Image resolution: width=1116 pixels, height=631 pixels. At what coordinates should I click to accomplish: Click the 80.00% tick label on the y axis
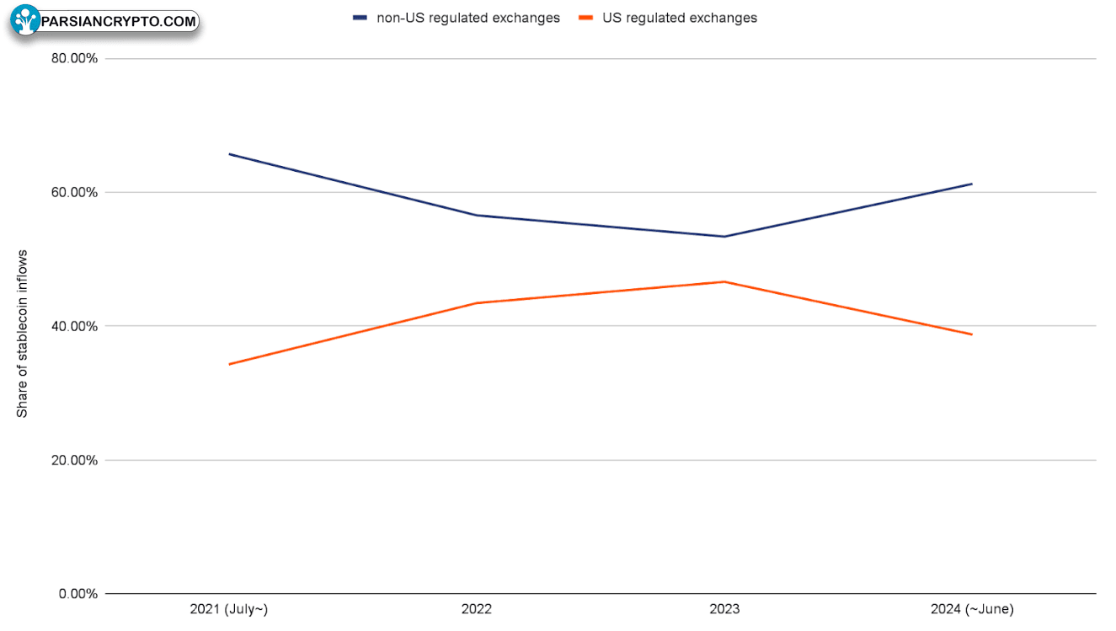point(74,58)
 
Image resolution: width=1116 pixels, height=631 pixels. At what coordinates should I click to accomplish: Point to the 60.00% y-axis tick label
point(74,192)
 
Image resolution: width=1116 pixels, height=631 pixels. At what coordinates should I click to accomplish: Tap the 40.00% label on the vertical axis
point(74,327)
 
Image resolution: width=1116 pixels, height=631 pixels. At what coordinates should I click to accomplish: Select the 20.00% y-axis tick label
point(74,460)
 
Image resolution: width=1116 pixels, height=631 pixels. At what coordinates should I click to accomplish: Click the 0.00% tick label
point(78,594)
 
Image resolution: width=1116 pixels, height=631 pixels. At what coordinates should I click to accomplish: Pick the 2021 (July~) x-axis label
point(229,609)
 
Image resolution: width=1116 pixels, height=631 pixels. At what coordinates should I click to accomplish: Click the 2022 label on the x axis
point(476,609)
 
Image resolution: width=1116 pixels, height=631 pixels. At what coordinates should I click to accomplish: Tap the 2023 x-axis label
point(724,609)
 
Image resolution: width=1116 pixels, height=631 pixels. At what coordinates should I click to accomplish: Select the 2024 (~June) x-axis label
point(972,609)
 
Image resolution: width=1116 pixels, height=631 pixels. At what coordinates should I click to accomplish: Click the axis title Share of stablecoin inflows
point(22,334)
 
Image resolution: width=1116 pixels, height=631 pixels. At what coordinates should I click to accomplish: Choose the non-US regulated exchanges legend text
point(468,18)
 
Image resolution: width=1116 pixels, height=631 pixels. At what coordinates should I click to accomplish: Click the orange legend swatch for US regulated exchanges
point(586,18)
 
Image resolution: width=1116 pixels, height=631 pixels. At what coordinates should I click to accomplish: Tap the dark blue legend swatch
point(360,18)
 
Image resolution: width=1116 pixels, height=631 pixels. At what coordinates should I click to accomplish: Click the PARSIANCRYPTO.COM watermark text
point(119,21)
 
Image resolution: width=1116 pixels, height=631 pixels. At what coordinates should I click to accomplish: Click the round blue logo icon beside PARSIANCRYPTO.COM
point(25,20)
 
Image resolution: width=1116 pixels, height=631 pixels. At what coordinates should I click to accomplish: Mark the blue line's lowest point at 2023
point(724,236)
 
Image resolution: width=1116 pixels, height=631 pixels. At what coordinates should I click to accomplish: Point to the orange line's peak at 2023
point(724,282)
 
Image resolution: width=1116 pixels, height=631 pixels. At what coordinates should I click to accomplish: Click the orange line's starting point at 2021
point(229,364)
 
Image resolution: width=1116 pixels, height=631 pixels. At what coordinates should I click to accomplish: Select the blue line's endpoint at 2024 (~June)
point(971,184)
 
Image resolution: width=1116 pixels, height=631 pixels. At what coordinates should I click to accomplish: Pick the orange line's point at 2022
point(477,303)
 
